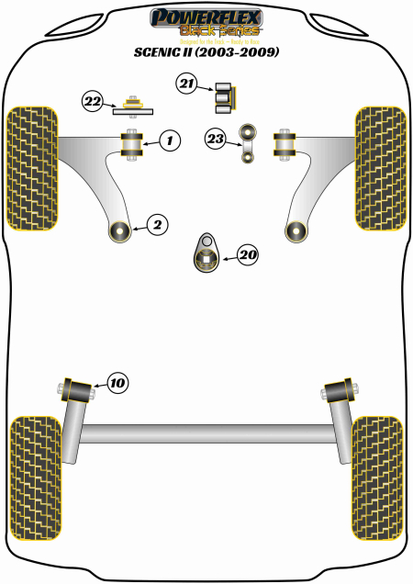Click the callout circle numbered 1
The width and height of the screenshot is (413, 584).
tap(169, 140)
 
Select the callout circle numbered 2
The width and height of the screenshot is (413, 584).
tap(157, 223)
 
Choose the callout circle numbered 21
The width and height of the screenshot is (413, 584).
tap(187, 85)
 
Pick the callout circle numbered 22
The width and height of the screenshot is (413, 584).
tap(93, 101)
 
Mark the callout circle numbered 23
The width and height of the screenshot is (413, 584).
tap(216, 140)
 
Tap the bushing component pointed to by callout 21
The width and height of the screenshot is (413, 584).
tap(226, 95)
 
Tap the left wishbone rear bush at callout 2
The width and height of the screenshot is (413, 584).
tap(119, 230)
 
